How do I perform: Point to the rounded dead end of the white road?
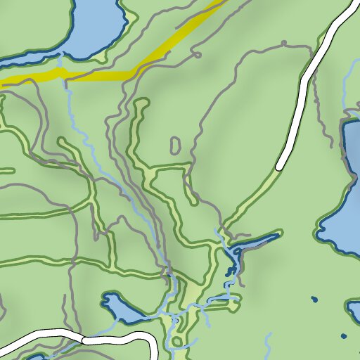coord(281,167)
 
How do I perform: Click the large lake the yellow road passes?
coord(95,25)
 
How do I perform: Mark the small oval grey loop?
coord(175,146)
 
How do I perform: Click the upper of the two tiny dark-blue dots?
coord(314,300)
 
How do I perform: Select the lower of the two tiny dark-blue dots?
coord(344,336)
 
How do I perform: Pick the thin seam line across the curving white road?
coord(83,339)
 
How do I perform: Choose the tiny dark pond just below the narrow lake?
coord(228,271)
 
